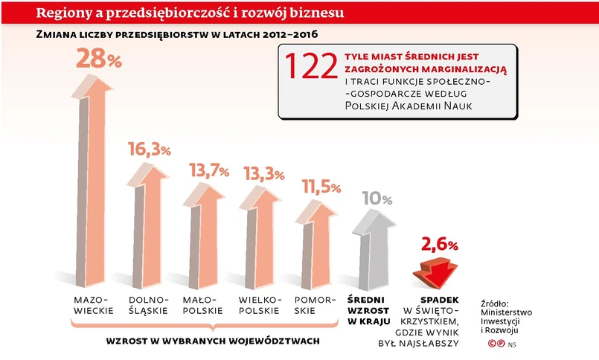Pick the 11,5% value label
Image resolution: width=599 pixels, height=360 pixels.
(x=321, y=187)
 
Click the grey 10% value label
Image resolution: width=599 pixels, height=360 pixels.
(x=377, y=199)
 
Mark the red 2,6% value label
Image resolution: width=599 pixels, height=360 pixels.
(x=439, y=244)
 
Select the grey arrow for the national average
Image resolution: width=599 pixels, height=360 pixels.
(x=377, y=245)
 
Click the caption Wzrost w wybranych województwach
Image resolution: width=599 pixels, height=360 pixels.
(x=213, y=341)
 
